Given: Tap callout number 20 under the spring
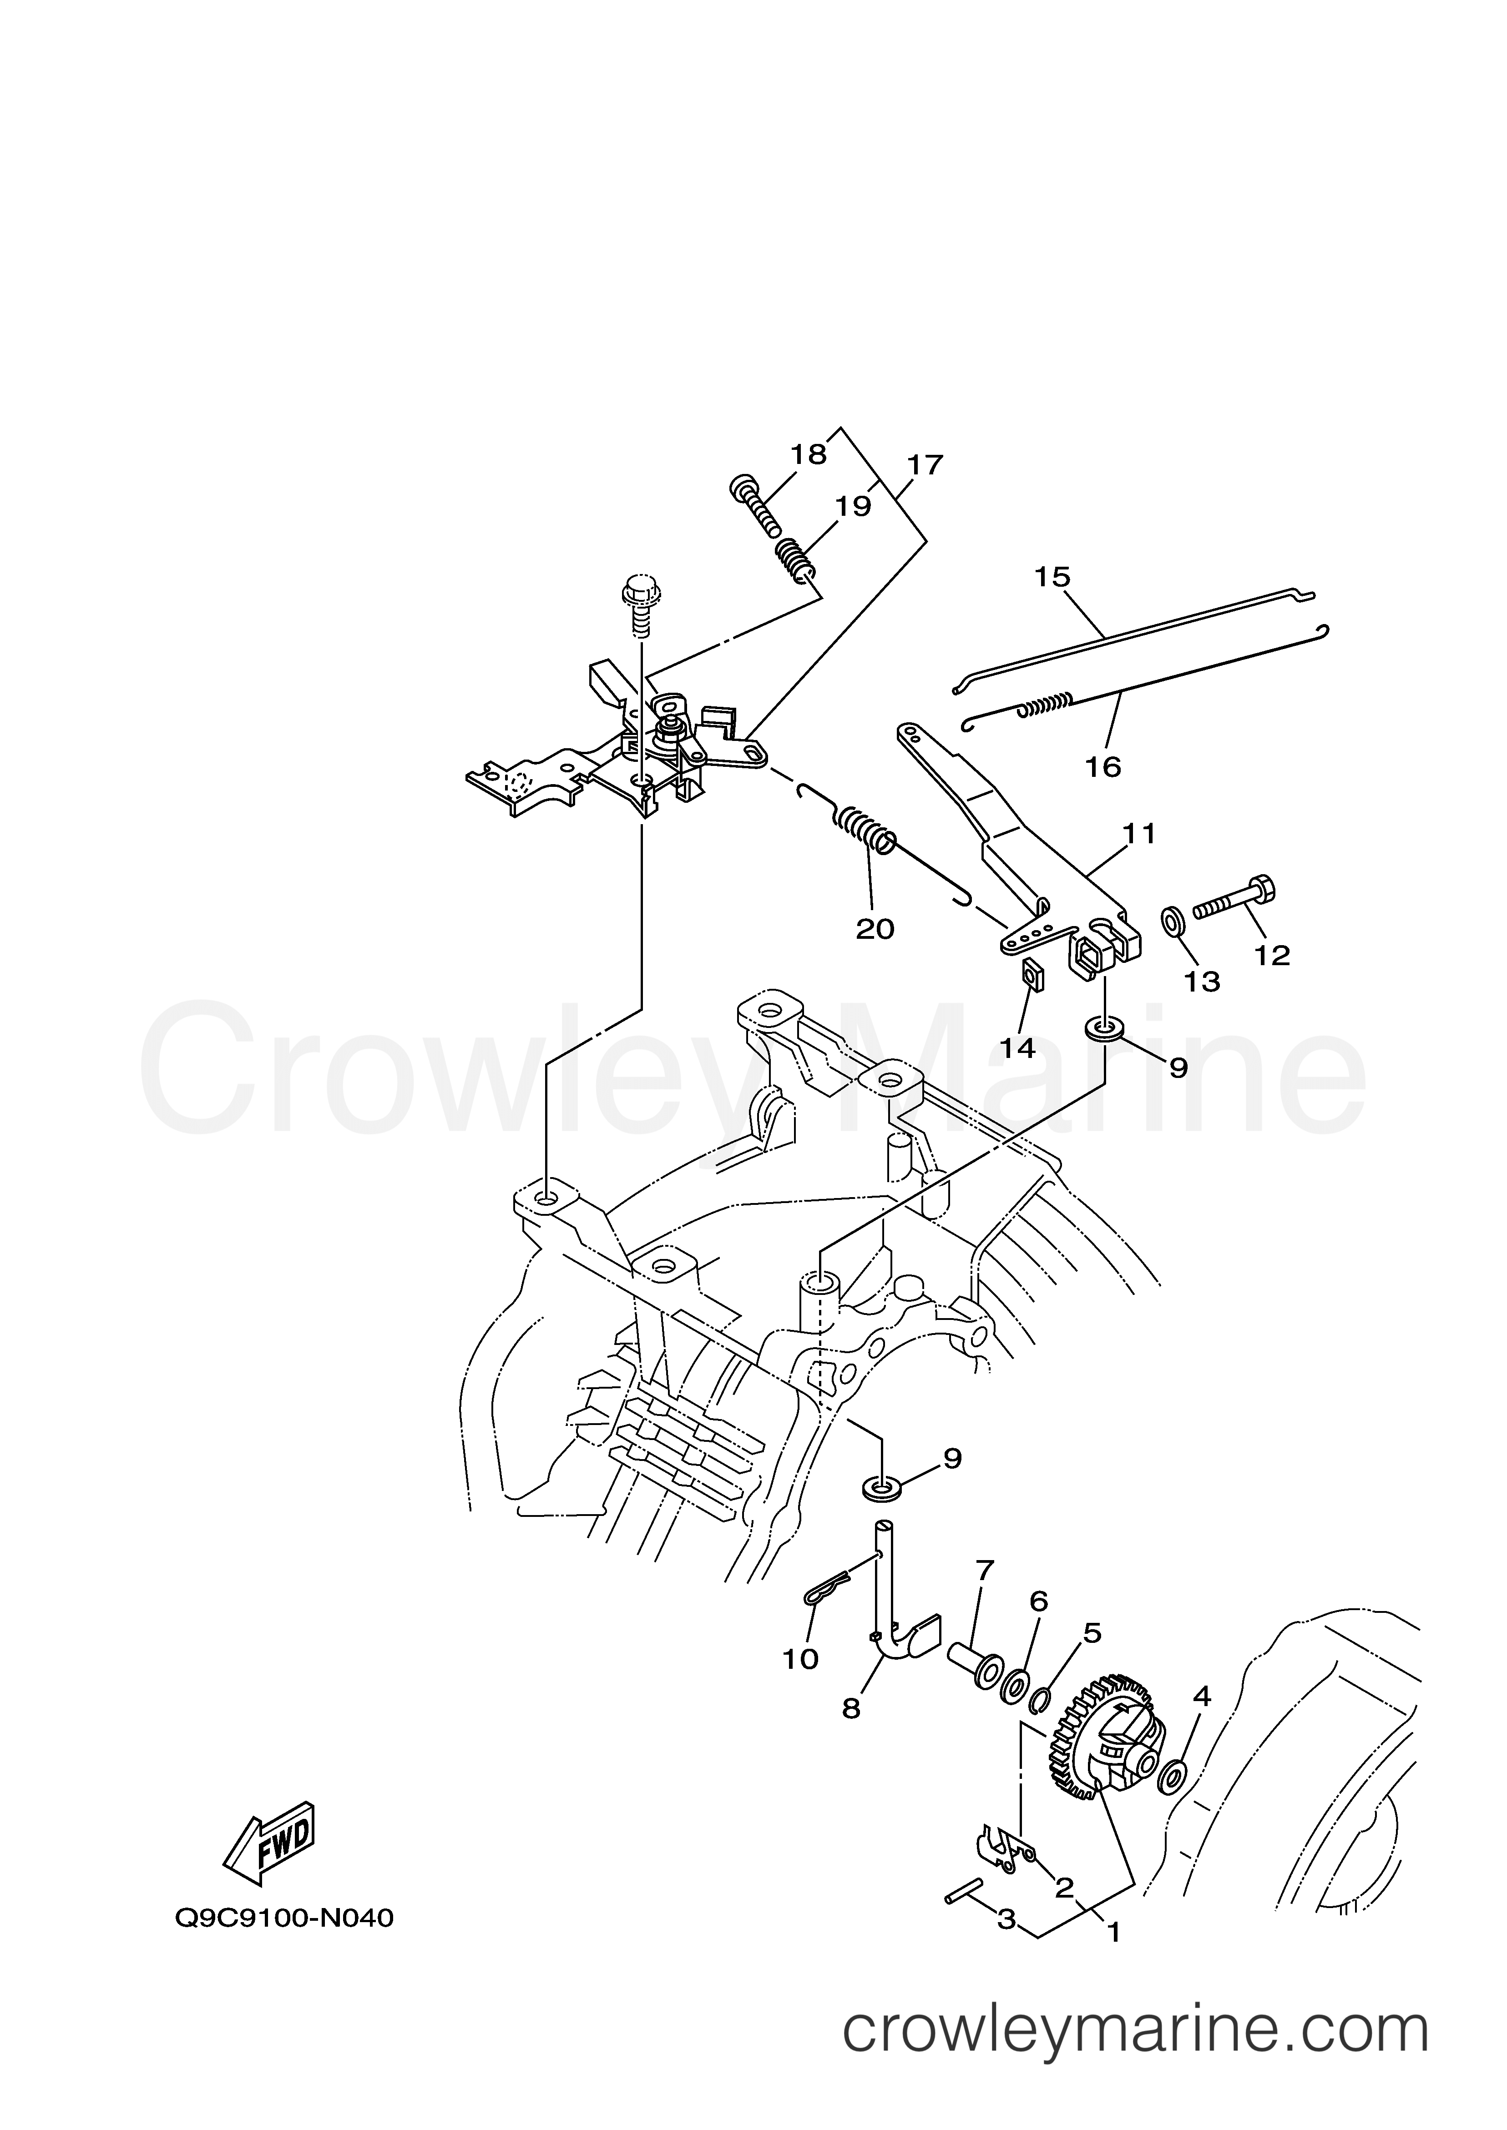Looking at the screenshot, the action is pos(874,928).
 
